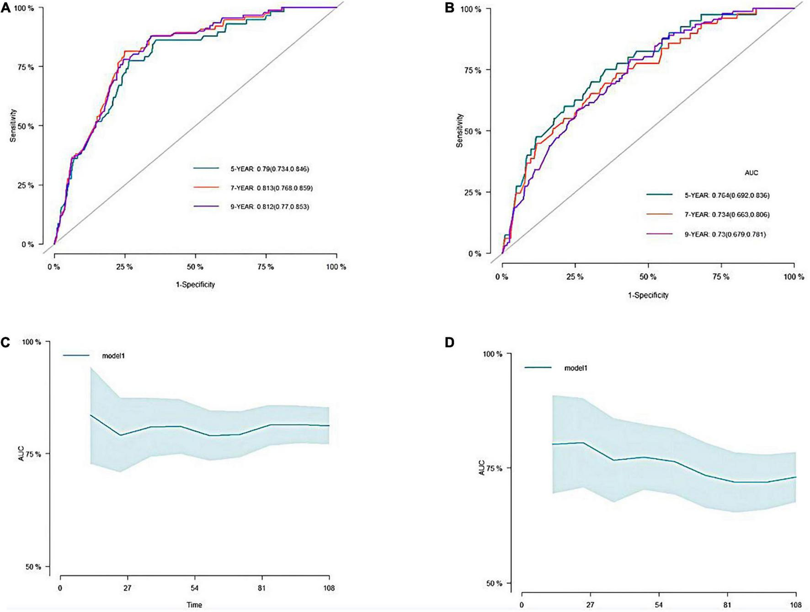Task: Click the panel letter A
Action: click(5, 8)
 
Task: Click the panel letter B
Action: click(449, 8)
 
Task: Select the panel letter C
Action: click(5, 343)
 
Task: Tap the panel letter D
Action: click(449, 343)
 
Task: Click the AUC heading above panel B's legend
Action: click(751, 173)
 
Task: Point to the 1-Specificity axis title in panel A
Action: click(195, 285)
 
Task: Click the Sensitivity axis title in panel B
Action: click(460, 131)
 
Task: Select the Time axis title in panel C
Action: click(194, 605)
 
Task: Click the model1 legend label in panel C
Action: click(113, 355)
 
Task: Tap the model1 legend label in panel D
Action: click(576, 368)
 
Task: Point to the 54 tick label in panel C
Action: click(194, 588)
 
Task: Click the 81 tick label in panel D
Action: click(727, 605)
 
